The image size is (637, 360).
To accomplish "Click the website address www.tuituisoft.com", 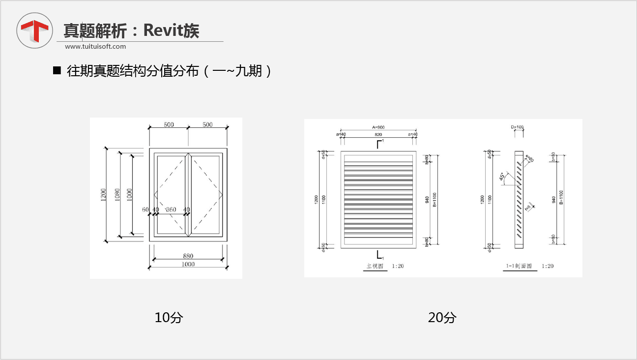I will point(95,47).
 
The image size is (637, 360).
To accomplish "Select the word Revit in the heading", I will point(161,30).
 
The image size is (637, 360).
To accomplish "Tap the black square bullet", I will point(57,70).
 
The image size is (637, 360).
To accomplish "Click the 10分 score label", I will point(168,318).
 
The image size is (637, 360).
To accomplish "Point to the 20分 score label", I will point(442,318).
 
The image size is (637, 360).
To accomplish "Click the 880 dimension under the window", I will point(188,256).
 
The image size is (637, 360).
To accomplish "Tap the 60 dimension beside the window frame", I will point(145,210).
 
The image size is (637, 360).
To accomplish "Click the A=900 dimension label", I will point(378,127).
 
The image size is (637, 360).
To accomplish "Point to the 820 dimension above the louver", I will point(378,134).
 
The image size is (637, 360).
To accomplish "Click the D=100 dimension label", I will point(518,127).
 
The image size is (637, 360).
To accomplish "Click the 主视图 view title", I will point(374,266).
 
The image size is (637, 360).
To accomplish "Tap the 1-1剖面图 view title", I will point(519,266).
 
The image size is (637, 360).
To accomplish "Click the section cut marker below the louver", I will point(379,255).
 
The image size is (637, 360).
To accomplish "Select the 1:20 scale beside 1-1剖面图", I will point(548,266).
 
